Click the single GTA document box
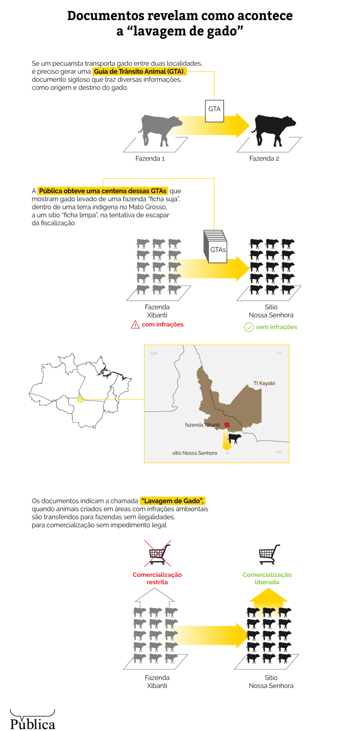click(214, 111)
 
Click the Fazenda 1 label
click(150, 158)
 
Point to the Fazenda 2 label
click(264, 158)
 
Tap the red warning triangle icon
click(135, 324)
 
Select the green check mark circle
click(249, 327)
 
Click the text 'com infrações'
click(162, 324)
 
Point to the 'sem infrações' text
click(276, 327)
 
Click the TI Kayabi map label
click(264, 383)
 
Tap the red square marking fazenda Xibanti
click(227, 425)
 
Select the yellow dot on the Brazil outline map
click(81, 399)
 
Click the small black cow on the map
click(235, 438)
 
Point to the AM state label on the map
click(154, 354)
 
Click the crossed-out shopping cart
click(158, 554)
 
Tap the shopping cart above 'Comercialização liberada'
click(269, 554)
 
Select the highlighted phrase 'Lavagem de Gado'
click(172, 501)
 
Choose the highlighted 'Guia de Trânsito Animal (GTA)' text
click(139, 71)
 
